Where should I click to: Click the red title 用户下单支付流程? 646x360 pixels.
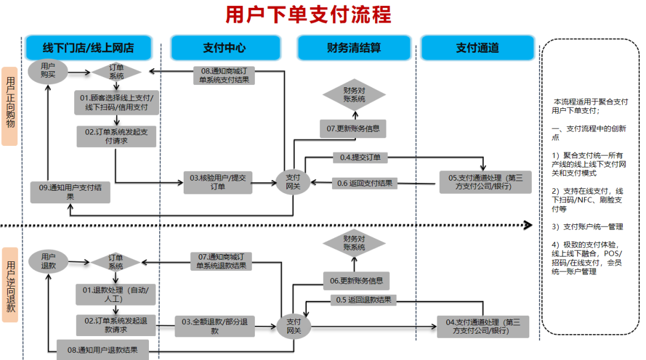(308, 14)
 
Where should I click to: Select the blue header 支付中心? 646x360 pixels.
(224, 48)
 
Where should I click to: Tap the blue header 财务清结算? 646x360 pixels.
(354, 48)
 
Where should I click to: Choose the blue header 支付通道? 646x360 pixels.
(477, 48)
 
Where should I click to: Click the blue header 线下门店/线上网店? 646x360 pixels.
(89, 48)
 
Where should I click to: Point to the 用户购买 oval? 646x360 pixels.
(48, 71)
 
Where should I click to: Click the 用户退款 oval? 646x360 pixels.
(48, 261)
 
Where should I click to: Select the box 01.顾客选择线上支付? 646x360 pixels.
(117, 103)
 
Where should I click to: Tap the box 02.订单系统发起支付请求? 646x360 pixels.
(116, 136)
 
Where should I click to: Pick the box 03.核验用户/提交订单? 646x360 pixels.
(218, 182)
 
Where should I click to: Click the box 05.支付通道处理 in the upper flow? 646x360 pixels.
(485, 182)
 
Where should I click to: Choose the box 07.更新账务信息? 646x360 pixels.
(353, 128)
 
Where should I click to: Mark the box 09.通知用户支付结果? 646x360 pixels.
(71, 191)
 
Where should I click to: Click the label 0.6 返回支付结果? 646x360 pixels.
(365, 183)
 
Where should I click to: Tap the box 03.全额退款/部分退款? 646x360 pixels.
(215, 326)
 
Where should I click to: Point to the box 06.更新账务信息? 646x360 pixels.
(356, 280)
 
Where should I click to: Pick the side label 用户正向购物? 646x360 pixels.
(10, 106)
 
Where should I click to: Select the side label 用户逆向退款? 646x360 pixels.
(10, 285)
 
